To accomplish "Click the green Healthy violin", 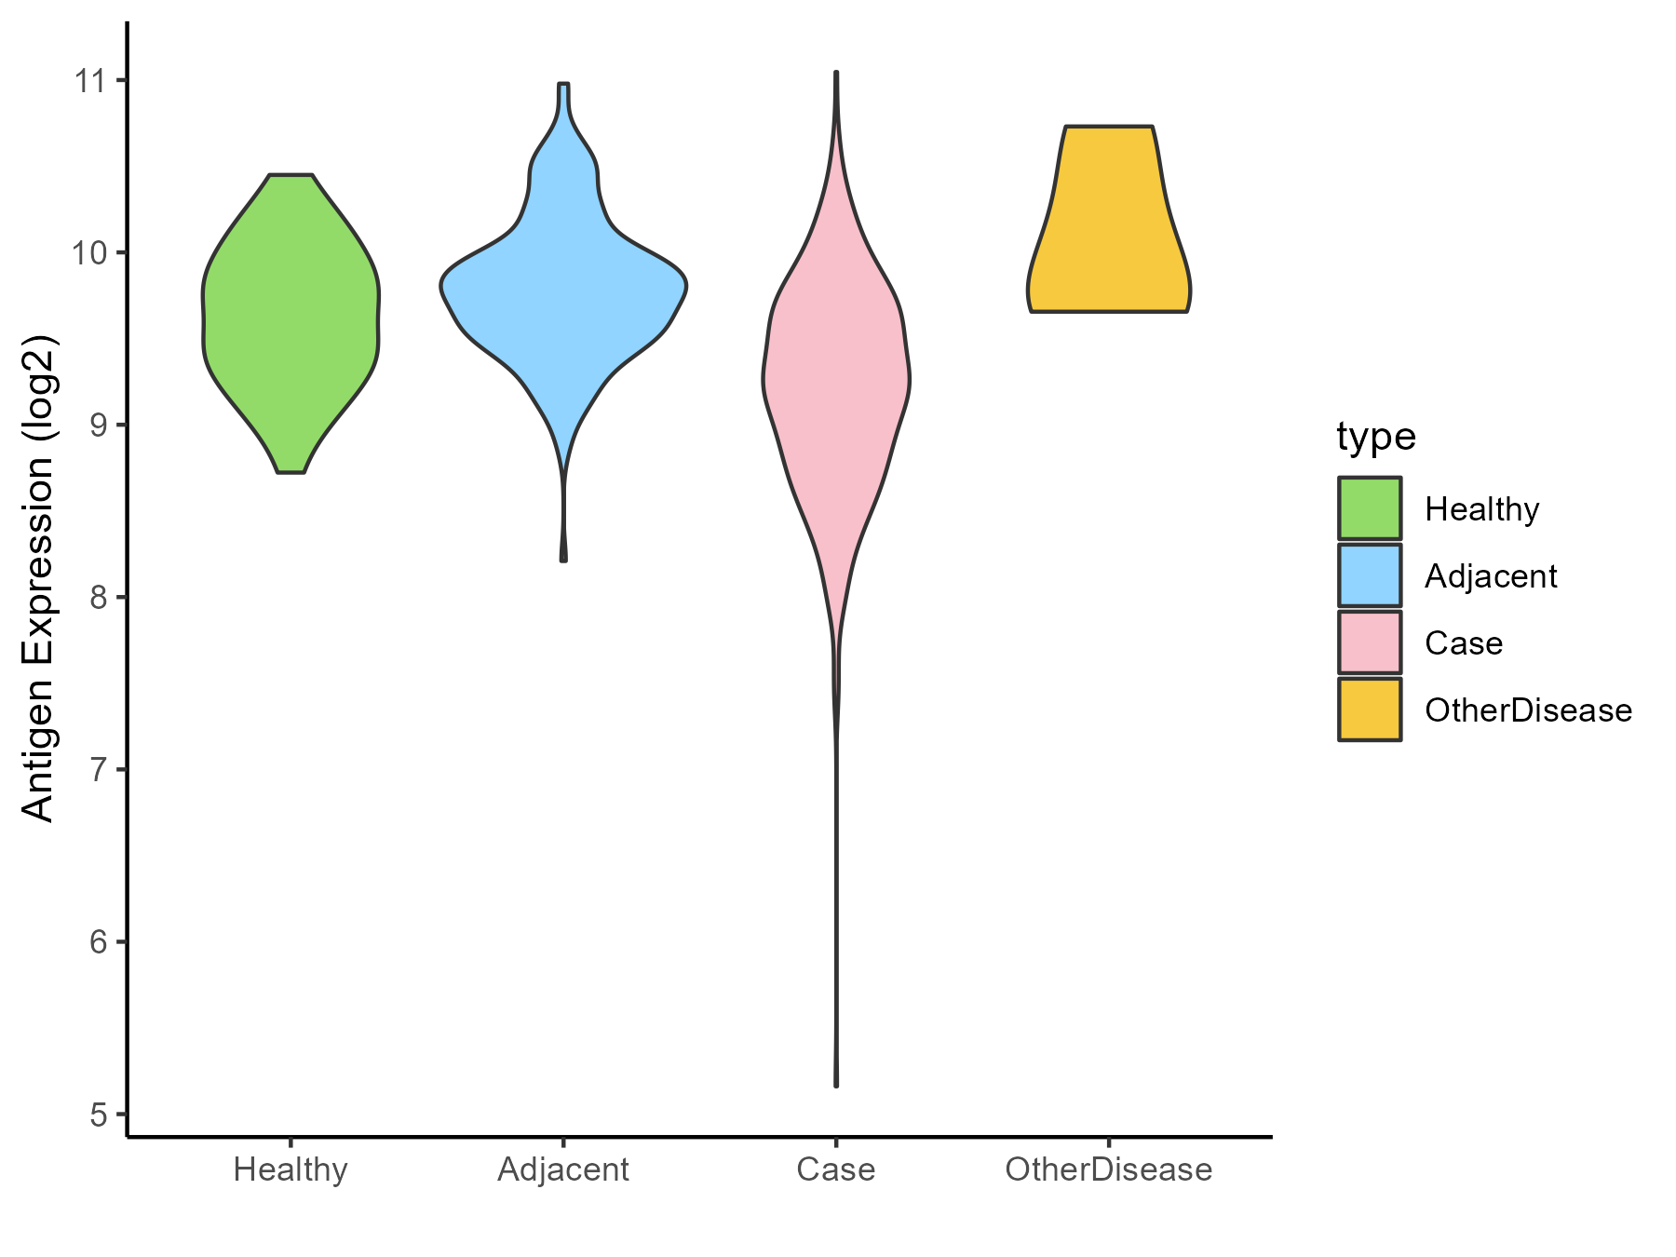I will (291, 326).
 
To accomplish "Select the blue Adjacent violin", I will (563, 289).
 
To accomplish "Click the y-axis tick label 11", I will (91, 80).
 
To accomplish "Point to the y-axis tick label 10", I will (91, 252).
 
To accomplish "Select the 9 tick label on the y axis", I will (99, 425).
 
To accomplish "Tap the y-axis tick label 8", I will (99, 597).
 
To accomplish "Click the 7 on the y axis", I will (99, 769).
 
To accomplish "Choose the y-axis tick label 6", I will (99, 941).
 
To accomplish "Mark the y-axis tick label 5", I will (99, 1114).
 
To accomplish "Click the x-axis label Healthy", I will (291, 1169).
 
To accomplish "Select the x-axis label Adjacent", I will (563, 1169).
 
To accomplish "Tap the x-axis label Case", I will (836, 1169).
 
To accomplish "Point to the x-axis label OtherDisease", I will (1108, 1169).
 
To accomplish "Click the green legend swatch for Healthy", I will (1370, 508).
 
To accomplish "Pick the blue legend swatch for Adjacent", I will (1370, 575).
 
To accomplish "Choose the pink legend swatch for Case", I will (1370, 642).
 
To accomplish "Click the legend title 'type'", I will (1375, 437).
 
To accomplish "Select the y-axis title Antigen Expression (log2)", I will (39, 577).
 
